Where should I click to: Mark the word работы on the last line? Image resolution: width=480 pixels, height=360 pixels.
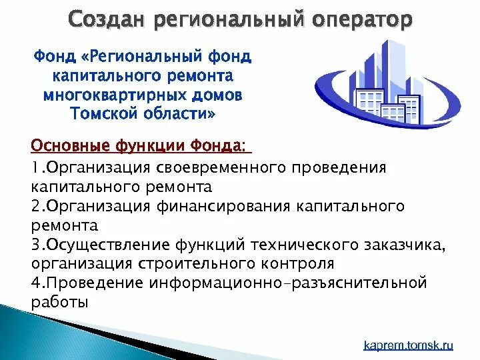pyautogui.click(x=59, y=303)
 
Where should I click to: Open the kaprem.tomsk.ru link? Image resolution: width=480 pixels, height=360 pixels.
pyautogui.click(x=408, y=345)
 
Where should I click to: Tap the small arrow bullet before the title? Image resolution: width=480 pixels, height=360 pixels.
pyautogui.click(x=59, y=20)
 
